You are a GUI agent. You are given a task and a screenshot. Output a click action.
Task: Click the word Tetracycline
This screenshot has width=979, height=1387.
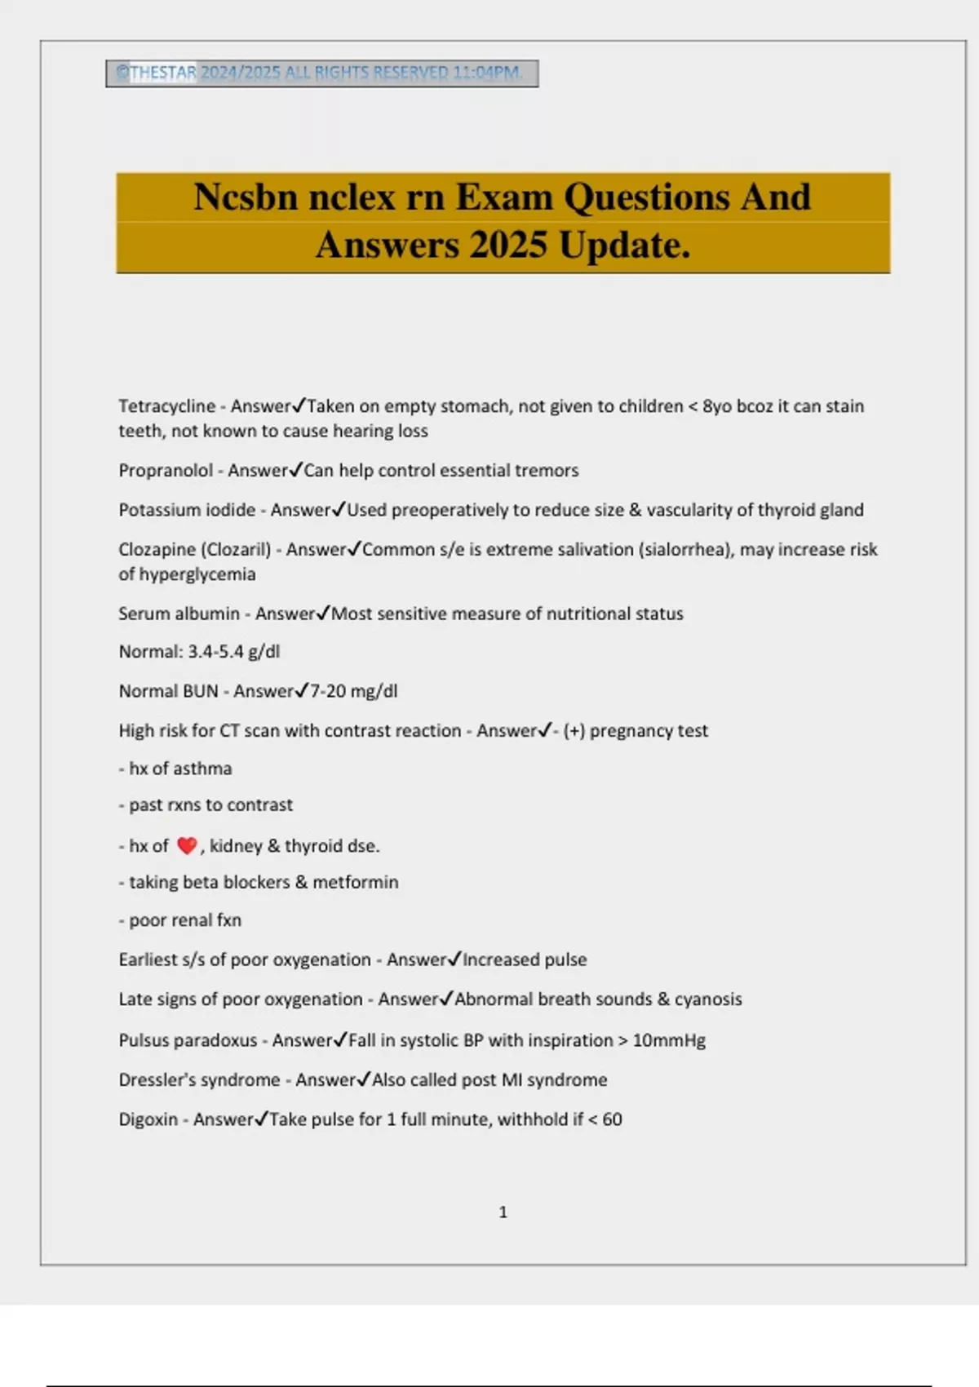(x=166, y=406)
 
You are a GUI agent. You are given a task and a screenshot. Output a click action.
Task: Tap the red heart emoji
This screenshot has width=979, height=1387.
(x=187, y=846)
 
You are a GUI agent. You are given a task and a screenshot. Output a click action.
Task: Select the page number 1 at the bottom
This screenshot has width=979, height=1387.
(x=503, y=1212)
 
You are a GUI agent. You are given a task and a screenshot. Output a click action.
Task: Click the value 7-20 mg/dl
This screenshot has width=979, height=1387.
(x=354, y=692)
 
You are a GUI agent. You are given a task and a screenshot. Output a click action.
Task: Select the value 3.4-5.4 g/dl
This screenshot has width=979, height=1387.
(x=234, y=652)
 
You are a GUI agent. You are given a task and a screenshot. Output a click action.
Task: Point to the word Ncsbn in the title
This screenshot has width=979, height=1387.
(x=245, y=197)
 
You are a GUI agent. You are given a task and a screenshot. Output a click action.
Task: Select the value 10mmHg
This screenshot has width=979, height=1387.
(x=669, y=1041)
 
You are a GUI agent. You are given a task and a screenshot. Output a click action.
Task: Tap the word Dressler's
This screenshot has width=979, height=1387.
(x=158, y=1080)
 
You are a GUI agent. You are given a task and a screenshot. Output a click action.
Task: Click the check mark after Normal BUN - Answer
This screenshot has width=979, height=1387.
(x=302, y=691)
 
